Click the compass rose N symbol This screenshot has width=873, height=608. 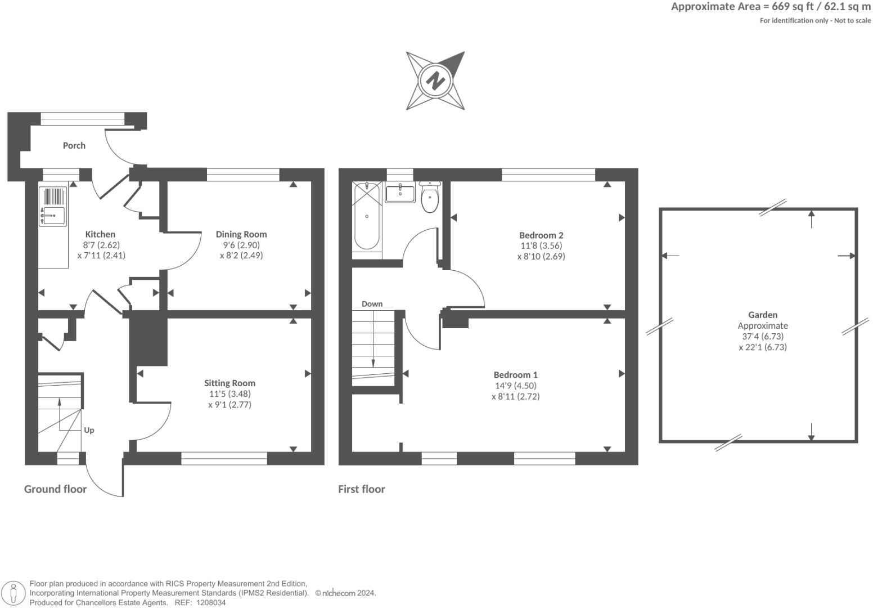(x=435, y=81)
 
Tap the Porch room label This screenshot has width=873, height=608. (x=74, y=146)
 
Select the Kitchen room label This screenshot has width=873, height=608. (x=100, y=234)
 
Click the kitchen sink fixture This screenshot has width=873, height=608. (x=53, y=214)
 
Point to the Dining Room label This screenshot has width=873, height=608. (x=241, y=234)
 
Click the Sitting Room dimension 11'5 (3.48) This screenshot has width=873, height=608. (x=229, y=394)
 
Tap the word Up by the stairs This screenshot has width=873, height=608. (x=89, y=430)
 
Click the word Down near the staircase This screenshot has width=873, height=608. (x=372, y=304)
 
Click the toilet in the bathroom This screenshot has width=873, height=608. (x=430, y=198)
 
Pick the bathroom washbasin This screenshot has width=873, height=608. (x=400, y=193)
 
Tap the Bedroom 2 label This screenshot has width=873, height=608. (x=541, y=235)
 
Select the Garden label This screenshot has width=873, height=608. (x=762, y=315)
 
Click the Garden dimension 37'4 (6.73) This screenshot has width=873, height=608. (x=762, y=337)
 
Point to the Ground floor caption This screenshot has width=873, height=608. (x=55, y=489)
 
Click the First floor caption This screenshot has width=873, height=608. (x=361, y=489)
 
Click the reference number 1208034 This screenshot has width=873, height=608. (x=210, y=602)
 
